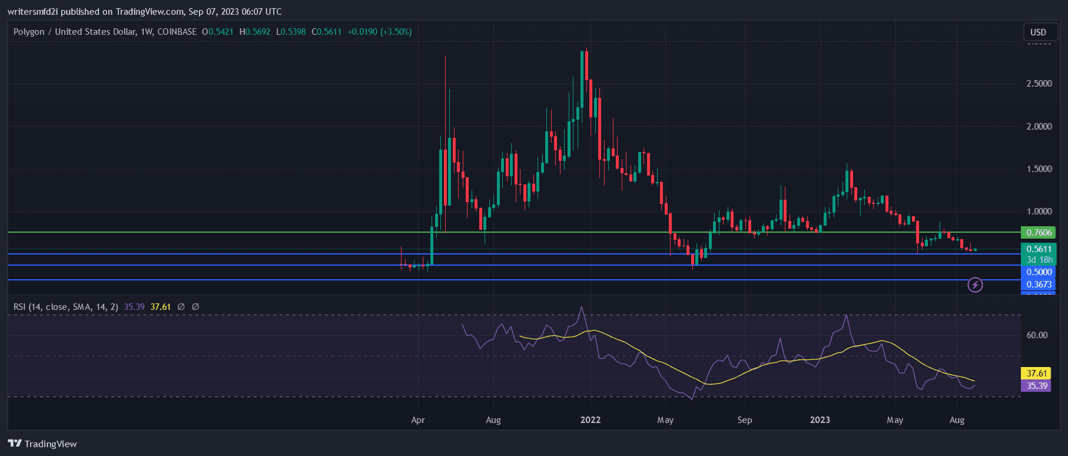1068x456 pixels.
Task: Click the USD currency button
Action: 1038,32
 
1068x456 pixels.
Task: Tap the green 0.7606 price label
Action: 1039,233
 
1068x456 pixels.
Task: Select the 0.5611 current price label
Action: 1039,249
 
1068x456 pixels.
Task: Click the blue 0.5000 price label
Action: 1039,272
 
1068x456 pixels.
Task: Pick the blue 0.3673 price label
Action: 1039,285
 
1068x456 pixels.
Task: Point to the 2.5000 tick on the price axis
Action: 1039,84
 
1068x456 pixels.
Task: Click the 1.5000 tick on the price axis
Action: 1039,169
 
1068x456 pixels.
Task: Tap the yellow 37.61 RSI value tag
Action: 1036,374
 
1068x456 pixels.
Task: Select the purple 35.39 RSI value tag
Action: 1036,386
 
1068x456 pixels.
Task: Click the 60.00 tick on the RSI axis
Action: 1037,335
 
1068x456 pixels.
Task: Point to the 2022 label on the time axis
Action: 590,420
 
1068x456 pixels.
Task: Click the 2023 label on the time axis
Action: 820,420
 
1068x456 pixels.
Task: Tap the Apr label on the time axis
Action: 418,420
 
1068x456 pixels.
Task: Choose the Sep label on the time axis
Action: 745,420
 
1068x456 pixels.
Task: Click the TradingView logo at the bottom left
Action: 42,444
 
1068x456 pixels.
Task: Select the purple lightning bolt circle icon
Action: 975,285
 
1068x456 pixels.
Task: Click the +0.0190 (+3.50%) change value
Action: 379,32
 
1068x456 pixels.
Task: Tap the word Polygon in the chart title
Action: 29,32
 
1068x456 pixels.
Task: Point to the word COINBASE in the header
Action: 177,32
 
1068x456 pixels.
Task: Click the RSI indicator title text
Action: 65,307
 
